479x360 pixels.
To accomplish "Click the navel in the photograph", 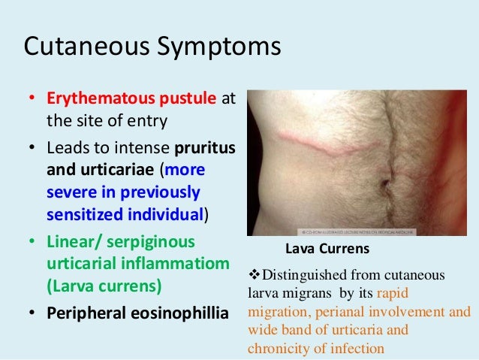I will click(384, 183).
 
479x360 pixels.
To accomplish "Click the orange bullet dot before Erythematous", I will click(32, 100).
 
